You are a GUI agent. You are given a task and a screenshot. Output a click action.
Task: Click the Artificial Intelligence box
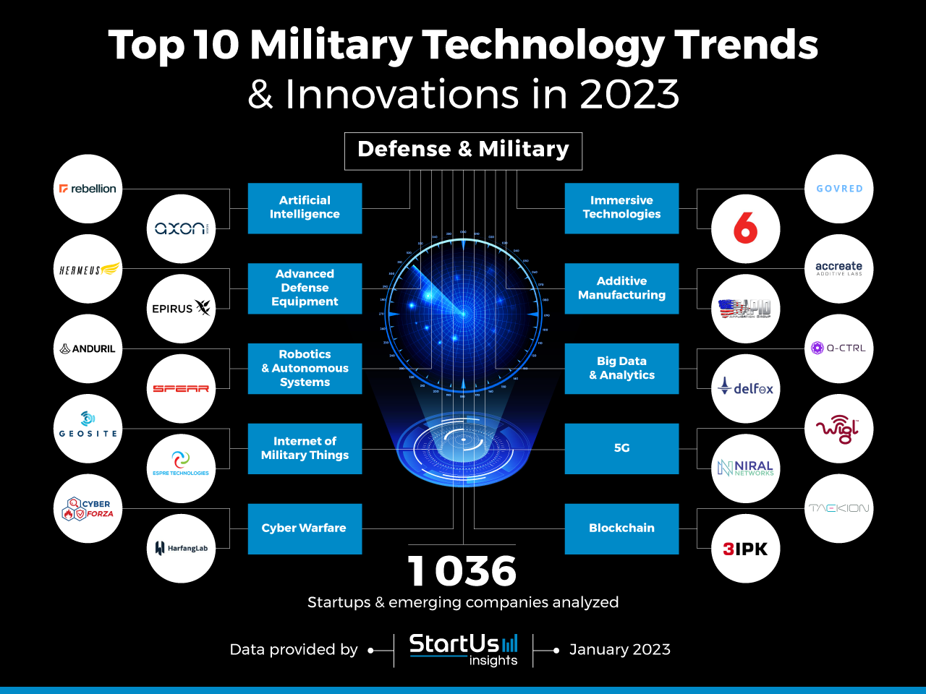click(x=305, y=208)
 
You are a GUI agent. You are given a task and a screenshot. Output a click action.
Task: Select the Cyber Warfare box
click(x=305, y=528)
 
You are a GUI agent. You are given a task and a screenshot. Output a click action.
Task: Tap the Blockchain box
click(x=621, y=528)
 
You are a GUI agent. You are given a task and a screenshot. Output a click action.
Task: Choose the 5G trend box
click(x=621, y=448)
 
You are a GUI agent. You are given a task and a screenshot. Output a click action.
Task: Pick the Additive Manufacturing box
click(x=621, y=288)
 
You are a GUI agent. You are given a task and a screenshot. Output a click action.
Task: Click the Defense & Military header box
click(x=463, y=150)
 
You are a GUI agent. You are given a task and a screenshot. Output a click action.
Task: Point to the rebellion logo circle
click(x=88, y=189)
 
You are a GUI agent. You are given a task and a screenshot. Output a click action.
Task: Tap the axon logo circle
click(x=181, y=228)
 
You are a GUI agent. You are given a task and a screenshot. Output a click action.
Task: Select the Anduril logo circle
click(x=88, y=348)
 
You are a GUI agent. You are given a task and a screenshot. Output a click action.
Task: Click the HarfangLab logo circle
click(x=181, y=548)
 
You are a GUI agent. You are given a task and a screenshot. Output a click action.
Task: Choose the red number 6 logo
click(x=745, y=228)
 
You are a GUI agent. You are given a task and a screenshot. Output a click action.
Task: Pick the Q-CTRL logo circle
click(x=838, y=348)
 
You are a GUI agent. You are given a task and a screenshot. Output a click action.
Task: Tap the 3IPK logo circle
click(x=745, y=549)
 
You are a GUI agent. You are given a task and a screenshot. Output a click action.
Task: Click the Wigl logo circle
click(x=838, y=429)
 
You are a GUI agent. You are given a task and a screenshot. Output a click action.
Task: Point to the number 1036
click(x=462, y=571)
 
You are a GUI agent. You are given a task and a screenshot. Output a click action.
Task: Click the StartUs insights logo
click(x=464, y=649)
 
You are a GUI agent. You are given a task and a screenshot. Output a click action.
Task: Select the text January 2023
click(x=619, y=649)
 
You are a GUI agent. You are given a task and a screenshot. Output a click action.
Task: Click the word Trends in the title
click(x=746, y=45)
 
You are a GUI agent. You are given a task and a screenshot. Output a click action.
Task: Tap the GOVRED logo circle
click(x=838, y=189)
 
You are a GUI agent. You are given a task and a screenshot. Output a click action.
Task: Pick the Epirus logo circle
click(x=181, y=309)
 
